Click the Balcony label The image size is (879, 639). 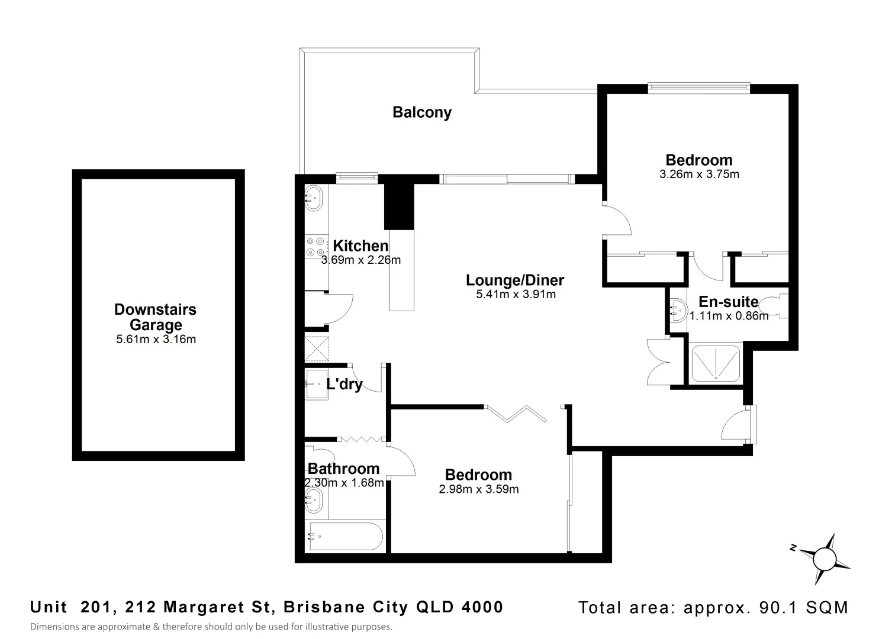[421, 112]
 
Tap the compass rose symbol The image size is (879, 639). [823, 557]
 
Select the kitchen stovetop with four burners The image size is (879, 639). [315, 247]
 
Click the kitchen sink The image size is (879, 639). [313, 197]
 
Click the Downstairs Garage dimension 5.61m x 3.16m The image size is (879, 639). [156, 340]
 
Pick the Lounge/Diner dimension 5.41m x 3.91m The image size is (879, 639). [515, 295]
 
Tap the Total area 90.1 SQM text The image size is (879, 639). [713, 608]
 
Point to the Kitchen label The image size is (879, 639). [360, 246]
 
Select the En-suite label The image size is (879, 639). [728, 302]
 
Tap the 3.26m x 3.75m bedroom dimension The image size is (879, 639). [699, 175]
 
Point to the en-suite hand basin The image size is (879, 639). [677, 309]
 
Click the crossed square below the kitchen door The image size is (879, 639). [317, 348]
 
